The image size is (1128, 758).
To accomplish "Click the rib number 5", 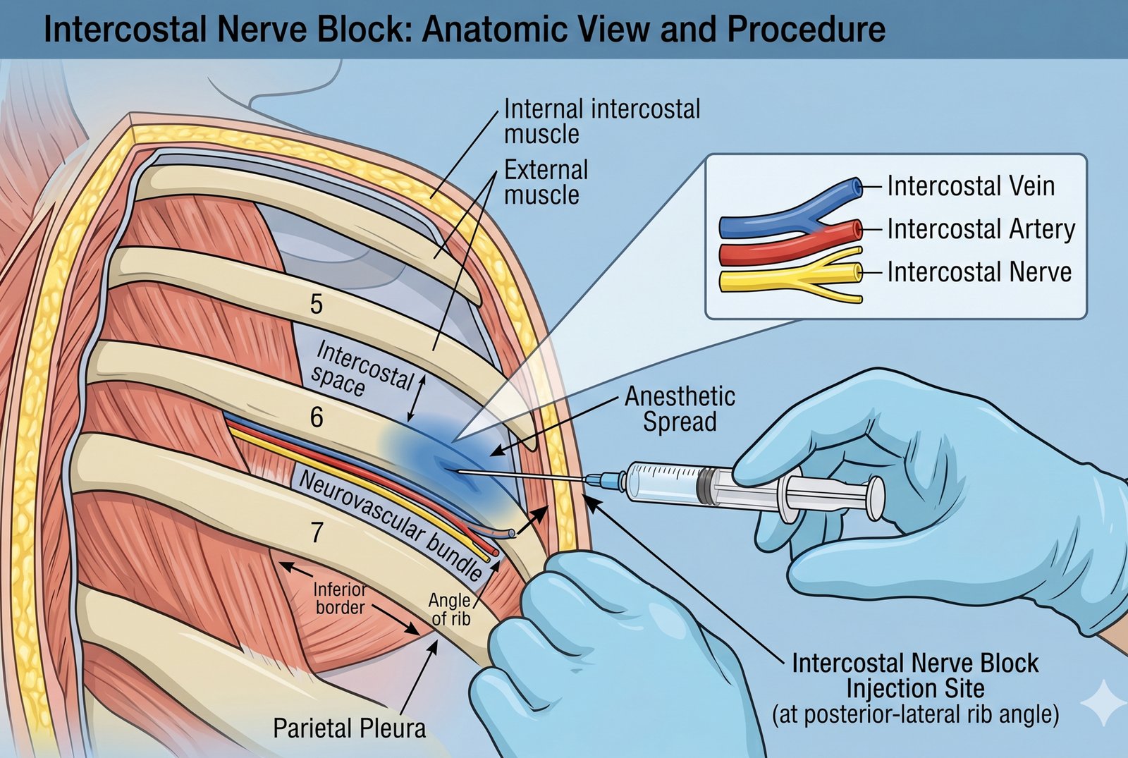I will pyautogui.click(x=317, y=304).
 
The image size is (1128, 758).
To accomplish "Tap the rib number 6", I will pyautogui.click(x=317, y=417).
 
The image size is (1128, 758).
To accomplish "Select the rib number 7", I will pyautogui.click(x=317, y=532).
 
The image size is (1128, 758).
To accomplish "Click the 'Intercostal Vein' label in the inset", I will pyautogui.click(x=970, y=187).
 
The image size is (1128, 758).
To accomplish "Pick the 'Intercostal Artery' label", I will pyautogui.click(x=981, y=230).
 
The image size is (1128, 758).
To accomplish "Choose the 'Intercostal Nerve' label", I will pyautogui.click(x=979, y=272).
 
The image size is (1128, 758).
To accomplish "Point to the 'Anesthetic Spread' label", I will pyautogui.click(x=680, y=409).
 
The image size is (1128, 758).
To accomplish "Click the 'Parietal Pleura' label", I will pyautogui.click(x=349, y=728).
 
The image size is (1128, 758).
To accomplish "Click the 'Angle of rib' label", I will pyautogui.click(x=450, y=609).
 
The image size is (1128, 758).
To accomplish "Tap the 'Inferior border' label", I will pyautogui.click(x=340, y=598).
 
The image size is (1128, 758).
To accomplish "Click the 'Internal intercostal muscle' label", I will pyautogui.click(x=601, y=121).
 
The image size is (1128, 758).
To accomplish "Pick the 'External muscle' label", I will pyautogui.click(x=545, y=182).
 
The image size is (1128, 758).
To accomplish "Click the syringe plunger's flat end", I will pyautogui.click(x=876, y=497).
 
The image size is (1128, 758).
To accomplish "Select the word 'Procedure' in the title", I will pyautogui.click(x=806, y=30).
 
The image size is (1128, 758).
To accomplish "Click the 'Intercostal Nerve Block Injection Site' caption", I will pyautogui.click(x=914, y=676).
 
